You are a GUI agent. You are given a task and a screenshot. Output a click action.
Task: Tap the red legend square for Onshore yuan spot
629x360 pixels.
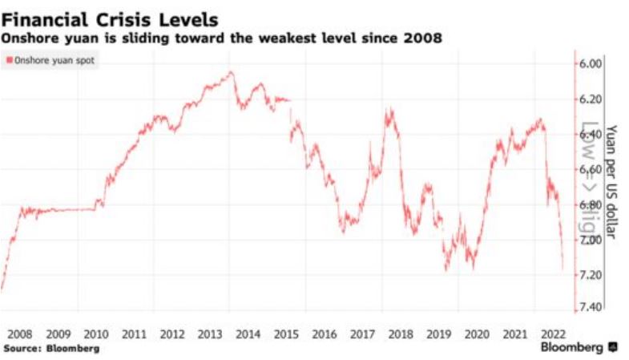[x=10, y=60]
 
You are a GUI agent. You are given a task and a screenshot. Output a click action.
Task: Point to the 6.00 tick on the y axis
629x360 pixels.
[x=592, y=64]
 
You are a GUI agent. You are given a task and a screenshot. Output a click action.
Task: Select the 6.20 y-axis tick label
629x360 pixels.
[x=592, y=99]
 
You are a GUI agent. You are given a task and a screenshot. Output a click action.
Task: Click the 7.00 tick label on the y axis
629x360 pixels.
[x=592, y=241]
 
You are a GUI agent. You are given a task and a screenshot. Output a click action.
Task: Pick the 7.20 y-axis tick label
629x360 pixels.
[x=592, y=275]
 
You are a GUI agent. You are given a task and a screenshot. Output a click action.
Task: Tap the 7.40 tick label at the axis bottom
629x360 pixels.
[x=592, y=309]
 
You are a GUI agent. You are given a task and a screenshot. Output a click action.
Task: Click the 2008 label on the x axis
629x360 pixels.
[x=20, y=333]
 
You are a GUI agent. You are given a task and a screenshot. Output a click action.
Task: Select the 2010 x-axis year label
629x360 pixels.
[x=96, y=333]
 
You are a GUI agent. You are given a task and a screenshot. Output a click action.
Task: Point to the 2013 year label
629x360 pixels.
[x=211, y=333]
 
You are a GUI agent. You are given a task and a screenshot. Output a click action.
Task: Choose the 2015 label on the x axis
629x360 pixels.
[x=287, y=333]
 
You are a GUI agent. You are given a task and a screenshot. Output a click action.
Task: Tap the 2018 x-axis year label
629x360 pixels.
[x=401, y=333]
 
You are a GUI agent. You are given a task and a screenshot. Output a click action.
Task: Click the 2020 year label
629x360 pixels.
[x=478, y=333]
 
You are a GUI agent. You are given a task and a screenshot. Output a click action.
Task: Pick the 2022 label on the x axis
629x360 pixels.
[x=554, y=333]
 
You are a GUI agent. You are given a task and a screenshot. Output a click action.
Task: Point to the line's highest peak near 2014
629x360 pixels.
[x=232, y=72]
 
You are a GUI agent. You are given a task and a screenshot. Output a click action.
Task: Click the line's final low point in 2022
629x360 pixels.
[x=562, y=270]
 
